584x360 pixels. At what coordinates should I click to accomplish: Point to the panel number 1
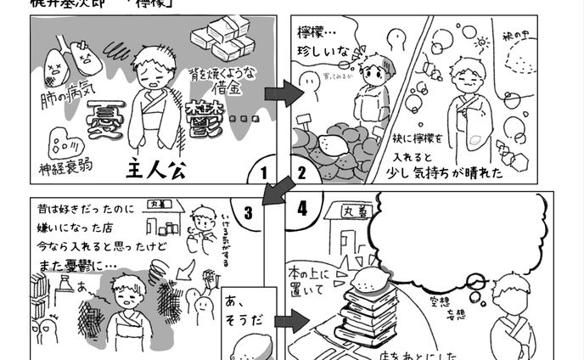(x=264, y=172)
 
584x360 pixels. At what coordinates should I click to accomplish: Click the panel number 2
(x=300, y=172)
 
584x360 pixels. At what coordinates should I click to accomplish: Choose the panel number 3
(x=249, y=212)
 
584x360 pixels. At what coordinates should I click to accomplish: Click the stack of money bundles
(x=220, y=39)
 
